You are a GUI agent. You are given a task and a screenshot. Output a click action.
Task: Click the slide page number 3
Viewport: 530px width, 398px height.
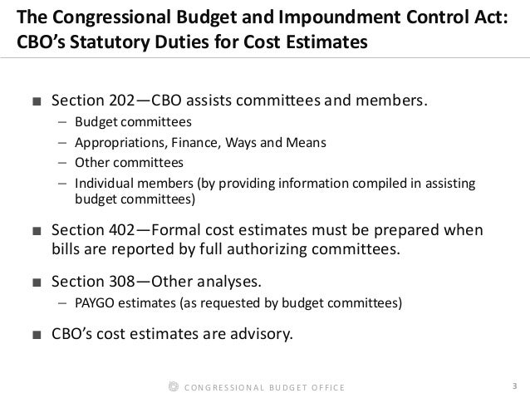[515, 386]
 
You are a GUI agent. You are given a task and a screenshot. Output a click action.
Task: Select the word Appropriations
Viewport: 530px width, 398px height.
[115, 142]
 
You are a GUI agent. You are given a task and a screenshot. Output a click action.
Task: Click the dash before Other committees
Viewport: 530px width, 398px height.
[63, 162]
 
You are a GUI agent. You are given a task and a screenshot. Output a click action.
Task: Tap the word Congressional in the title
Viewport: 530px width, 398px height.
[106, 17]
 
